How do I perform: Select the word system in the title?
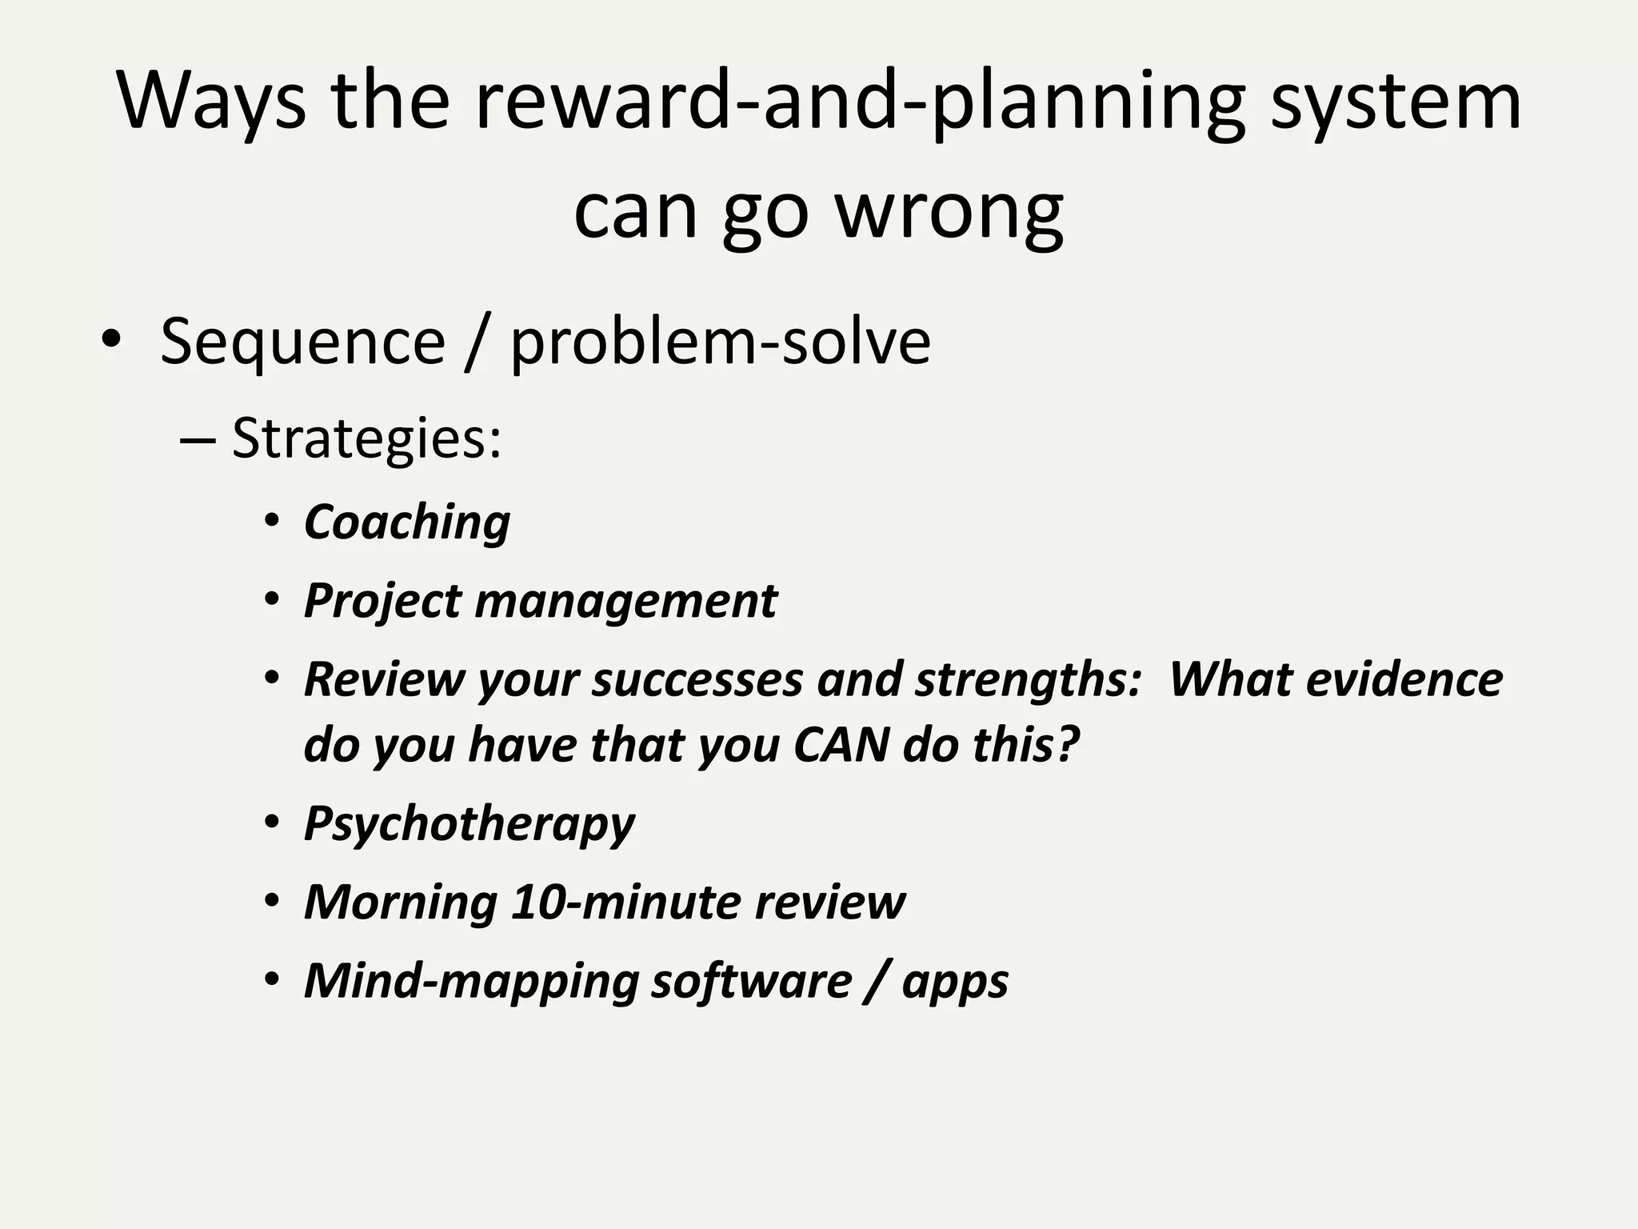coord(1396,102)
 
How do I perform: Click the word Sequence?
coord(302,342)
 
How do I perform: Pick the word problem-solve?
coord(720,342)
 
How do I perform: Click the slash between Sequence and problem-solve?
coord(477,342)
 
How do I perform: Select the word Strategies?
coord(366,438)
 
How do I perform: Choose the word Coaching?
coord(407,522)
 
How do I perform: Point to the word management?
coord(625,601)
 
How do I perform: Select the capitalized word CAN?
coord(841,745)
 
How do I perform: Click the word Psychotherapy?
coord(469,823)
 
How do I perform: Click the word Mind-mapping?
coord(470,981)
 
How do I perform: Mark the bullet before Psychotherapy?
coord(272,823)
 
